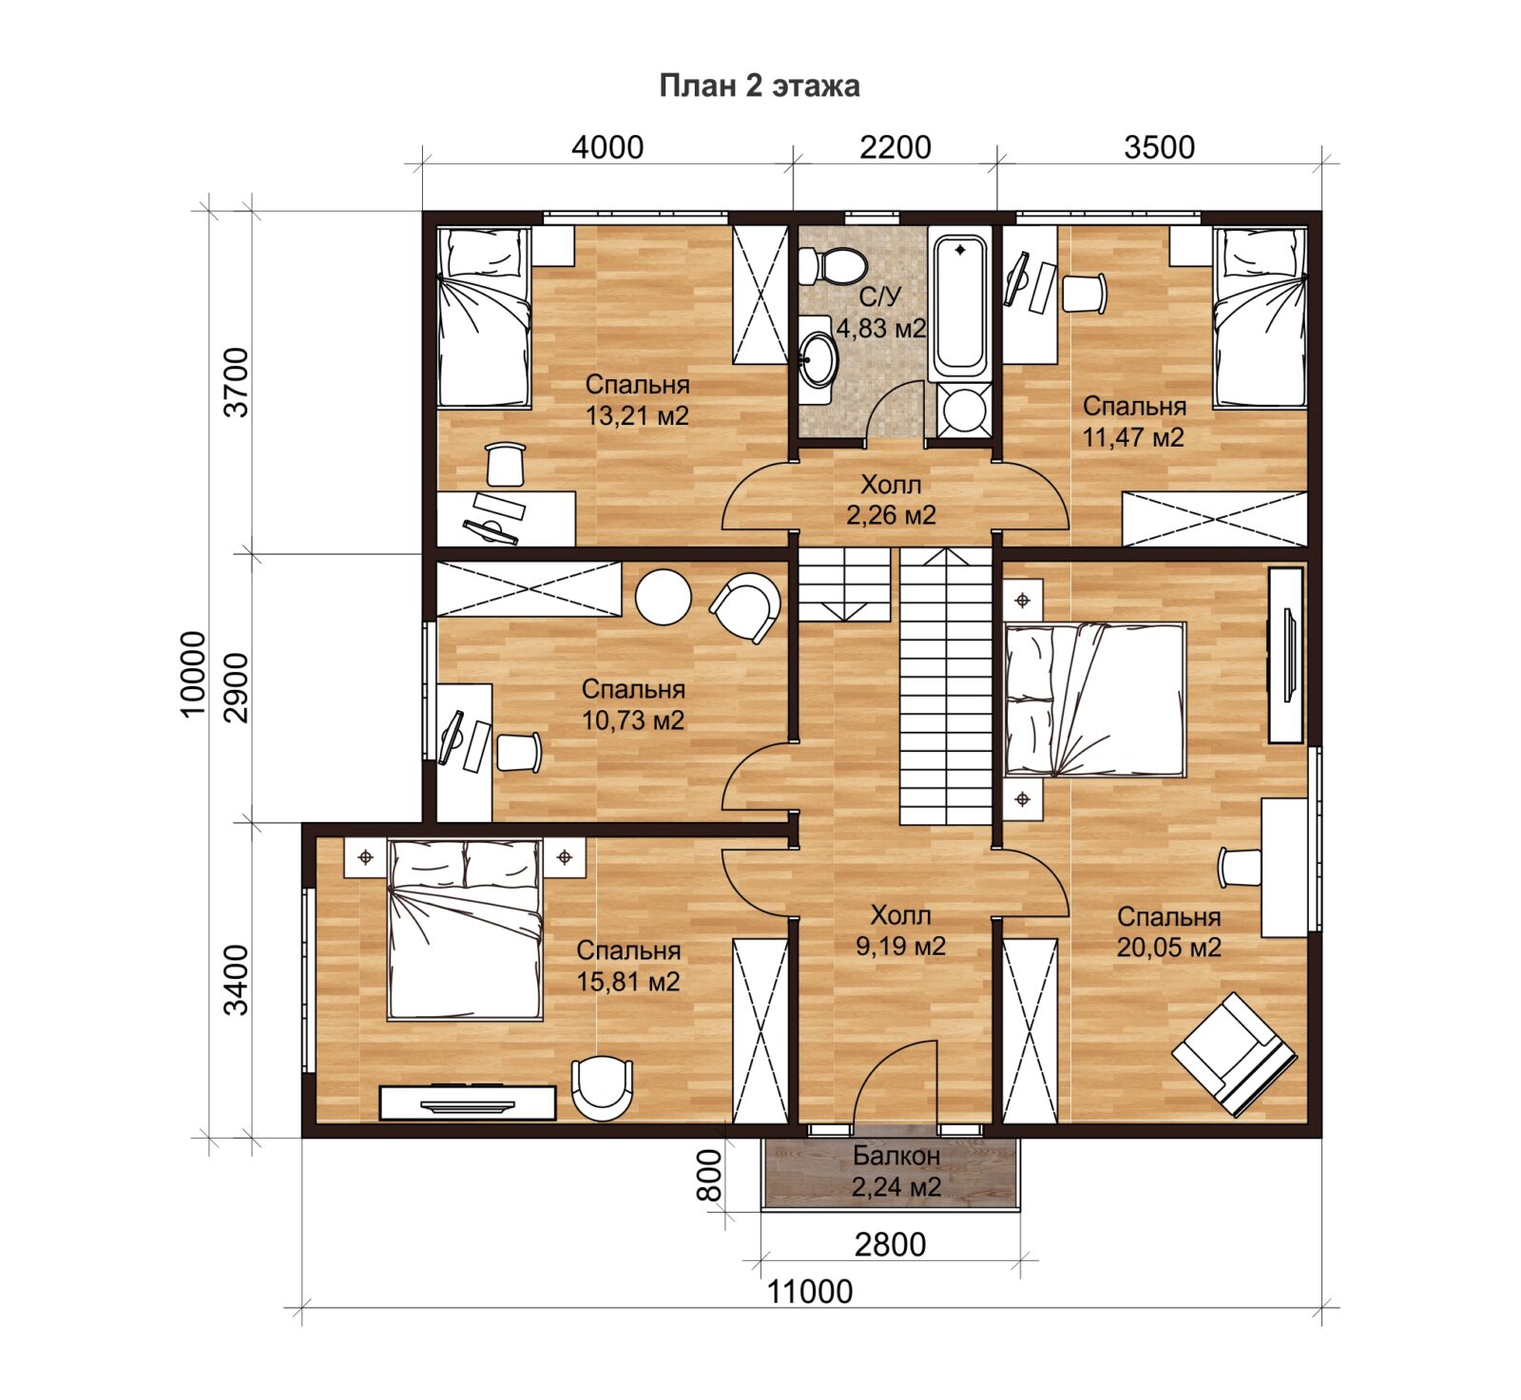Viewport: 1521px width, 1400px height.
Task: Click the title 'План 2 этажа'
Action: click(x=760, y=86)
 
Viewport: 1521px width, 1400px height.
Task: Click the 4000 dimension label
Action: click(x=607, y=147)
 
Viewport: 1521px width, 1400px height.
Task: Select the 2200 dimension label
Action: click(x=895, y=147)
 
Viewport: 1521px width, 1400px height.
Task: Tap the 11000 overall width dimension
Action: click(x=810, y=1292)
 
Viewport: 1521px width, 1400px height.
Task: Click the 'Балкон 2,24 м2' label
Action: click(x=895, y=1171)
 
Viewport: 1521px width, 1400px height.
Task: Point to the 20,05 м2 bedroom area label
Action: click(x=1168, y=948)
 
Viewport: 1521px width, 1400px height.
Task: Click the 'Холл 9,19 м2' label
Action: click(x=900, y=930)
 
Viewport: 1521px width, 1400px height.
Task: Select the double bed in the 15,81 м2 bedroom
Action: click(x=465, y=930)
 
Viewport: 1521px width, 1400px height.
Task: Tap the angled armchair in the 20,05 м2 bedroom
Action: click(x=1234, y=1054)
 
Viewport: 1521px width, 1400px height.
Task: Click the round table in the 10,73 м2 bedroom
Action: click(x=664, y=597)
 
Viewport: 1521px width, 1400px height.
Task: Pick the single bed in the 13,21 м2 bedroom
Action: click(x=484, y=317)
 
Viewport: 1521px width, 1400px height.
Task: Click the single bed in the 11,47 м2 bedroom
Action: click(x=1261, y=317)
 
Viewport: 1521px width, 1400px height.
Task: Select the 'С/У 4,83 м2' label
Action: click(x=880, y=313)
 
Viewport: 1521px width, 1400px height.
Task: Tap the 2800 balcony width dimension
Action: click(x=890, y=1244)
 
